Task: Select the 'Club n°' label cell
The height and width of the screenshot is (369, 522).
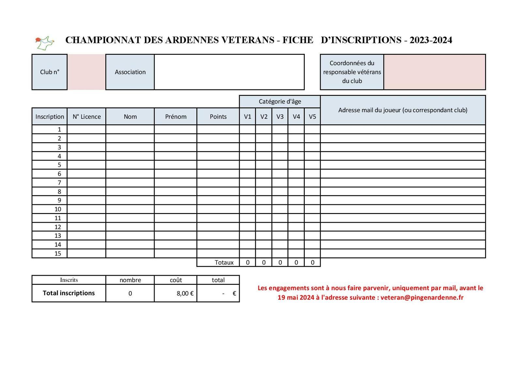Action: [x=50, y=72]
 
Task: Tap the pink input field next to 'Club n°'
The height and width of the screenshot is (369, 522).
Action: [x=86, y=72]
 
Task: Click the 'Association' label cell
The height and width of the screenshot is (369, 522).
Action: [x=130, y=72]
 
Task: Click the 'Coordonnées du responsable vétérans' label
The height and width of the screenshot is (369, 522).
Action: [x=352, y=72]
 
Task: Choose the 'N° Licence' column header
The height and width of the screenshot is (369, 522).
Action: [x=86, y=117]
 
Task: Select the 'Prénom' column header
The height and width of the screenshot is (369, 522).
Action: [x=176, y=117]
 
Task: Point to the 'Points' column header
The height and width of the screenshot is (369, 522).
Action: [x=218, y=117]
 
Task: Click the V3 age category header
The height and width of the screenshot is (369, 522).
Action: [x=280, y=117]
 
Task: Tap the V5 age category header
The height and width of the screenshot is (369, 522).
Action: [x=312, y=117]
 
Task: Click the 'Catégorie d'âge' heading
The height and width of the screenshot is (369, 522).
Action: [x=280, y=101]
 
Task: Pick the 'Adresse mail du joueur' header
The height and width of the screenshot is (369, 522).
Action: [x=403, y=110]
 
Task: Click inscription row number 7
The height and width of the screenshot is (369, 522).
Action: [x=59, y=183]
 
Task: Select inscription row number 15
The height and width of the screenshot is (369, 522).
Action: [x=58, y=254]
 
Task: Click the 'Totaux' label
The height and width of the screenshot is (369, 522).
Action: [x=224, y=262]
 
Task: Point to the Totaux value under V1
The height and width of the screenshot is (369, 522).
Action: [x=248, y=262]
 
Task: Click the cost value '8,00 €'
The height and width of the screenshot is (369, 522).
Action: [x=185, y=293]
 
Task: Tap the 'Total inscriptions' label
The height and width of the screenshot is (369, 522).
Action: [x=69, y=293]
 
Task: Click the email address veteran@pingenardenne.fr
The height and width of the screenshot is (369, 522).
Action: [x=422, y=298]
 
